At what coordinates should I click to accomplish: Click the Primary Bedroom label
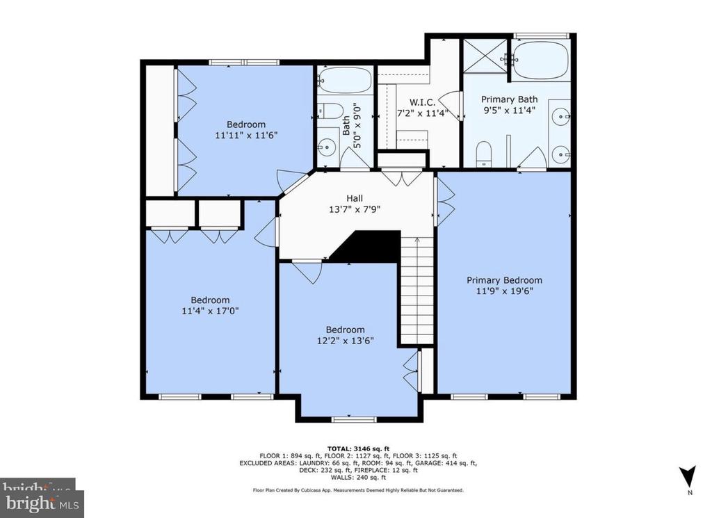504,280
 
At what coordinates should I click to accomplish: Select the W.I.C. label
422,102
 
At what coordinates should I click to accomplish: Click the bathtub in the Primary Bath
540,60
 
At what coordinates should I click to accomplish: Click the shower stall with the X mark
485,56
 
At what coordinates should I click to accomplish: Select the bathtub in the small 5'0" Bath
346,81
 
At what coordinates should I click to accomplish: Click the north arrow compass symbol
687,477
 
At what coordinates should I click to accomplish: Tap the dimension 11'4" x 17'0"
210,311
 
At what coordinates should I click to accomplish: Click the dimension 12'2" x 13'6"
345,341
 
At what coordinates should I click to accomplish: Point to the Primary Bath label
510,99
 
